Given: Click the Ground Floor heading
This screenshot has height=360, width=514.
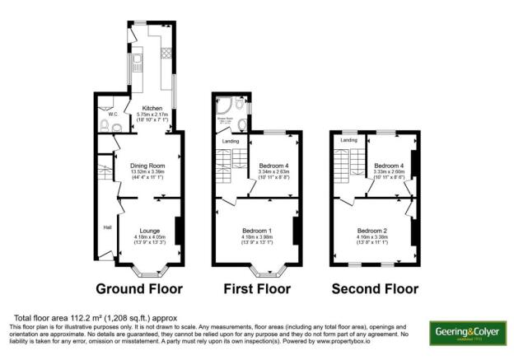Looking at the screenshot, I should [139, 289].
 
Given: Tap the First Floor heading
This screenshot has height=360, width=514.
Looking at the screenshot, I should [257, 289].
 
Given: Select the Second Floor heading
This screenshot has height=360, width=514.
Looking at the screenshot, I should [374, 289].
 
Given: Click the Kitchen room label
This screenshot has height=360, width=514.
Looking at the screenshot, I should [152, 108].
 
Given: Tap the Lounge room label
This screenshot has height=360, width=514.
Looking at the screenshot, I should [149, 230].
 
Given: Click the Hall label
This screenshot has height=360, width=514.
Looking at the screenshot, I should [107, 227].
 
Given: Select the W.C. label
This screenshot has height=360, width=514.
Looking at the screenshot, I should [103, 115].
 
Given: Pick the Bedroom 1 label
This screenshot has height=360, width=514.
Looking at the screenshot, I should [257, 230].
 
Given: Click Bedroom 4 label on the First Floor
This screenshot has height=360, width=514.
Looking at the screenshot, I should [272, 166].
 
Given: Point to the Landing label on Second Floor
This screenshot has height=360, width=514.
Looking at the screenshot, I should [348, 140].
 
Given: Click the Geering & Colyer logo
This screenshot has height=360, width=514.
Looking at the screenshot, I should [467, 333].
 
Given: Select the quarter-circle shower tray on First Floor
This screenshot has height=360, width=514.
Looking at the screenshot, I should [224, 106].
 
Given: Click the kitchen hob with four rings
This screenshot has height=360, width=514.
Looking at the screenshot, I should [166, 54].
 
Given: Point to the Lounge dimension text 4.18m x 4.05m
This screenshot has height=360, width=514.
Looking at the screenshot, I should [149, 238].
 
